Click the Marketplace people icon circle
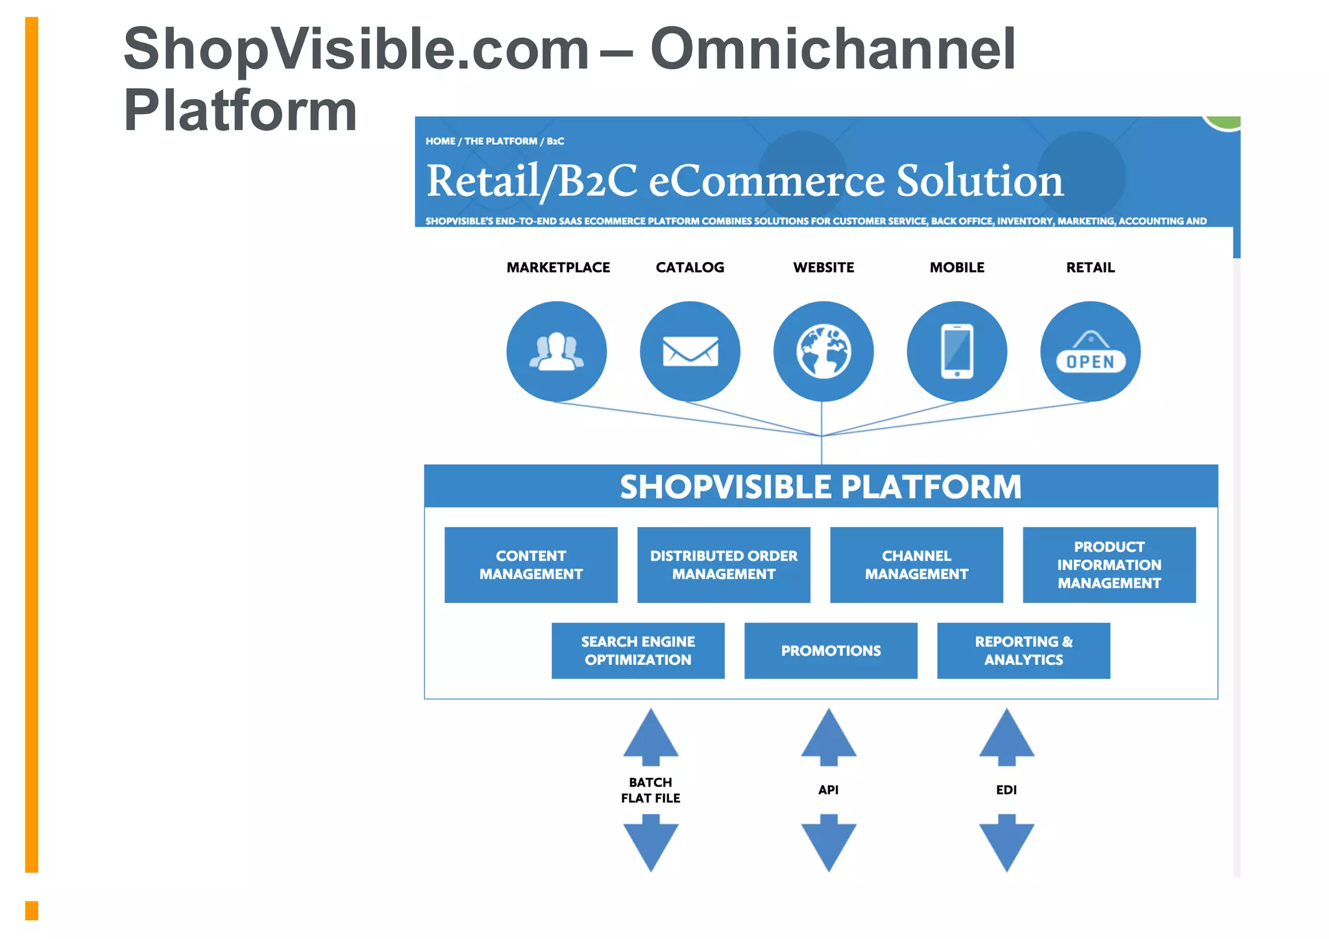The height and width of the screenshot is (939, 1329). point(556,351)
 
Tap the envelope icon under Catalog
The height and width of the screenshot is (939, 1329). point(690,351)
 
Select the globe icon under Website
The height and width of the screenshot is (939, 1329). point(823,351)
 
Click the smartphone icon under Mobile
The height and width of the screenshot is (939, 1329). point(957,351)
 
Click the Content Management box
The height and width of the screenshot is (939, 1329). point(531,565)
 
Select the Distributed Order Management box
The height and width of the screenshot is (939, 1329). point(724,565)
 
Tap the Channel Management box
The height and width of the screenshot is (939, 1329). point(916,565)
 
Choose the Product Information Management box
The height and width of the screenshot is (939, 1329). point(1109,565)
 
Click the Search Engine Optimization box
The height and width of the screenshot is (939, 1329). point(638,650)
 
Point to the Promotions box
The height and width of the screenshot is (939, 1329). point(831,650)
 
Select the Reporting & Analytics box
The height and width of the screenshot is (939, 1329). point(1023,650)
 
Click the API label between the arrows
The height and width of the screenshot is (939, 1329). point(829,790)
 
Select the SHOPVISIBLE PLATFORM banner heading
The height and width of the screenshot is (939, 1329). point(820,487)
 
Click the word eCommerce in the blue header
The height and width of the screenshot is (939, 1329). point(766,180)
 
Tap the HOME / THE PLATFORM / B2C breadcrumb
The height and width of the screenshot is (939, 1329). point(494,141)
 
